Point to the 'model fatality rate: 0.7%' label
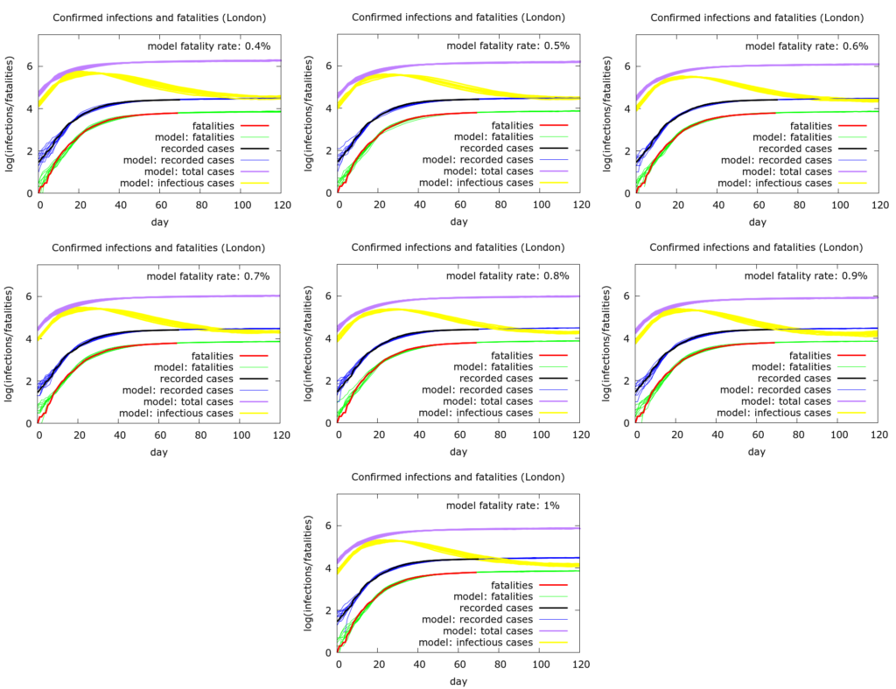pyautogui.click(x=208, y=276)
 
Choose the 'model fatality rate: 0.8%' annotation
pyautogui.click(x=507, y=276)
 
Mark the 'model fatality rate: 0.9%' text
pyautogui.click(x=806, y=276)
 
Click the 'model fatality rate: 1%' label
pyautogui.click(x=502, y=505)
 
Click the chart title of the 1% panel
pyautogui.click(x=458, y=477)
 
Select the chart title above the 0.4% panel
pyautogui.click(x=159, y=17)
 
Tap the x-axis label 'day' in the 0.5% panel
pyautogui.click(x=458, y=222)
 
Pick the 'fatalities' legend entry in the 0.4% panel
pyautogui.click(x=210, y=126)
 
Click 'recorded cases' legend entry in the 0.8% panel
pyautogui.click(x=496, y=379)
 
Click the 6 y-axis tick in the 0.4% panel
pyautogui.click(x=29, y=66)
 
